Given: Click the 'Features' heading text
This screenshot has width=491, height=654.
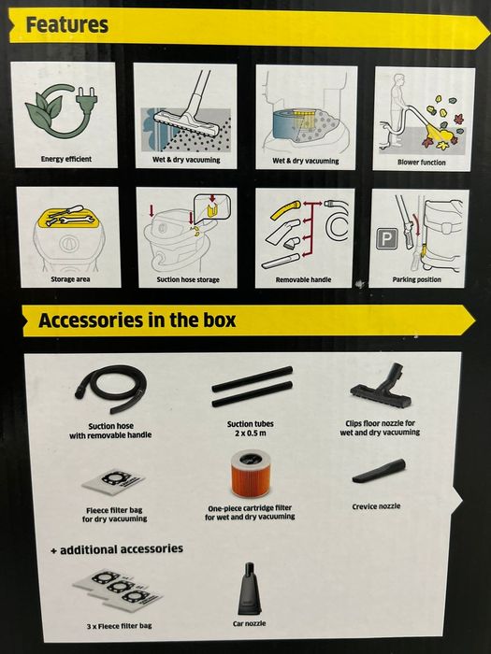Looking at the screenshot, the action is tap(66, 25).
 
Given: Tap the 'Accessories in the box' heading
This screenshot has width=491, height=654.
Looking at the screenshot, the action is tap(137, 320).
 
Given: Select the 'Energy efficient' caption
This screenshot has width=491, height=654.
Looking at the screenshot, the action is tap(66, 159).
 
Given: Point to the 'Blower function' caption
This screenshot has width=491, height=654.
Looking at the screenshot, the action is tap(421, 163).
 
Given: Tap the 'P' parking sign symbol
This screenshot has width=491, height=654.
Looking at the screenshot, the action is tap(386, 239).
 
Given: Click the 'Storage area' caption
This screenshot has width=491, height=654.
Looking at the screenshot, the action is tap(70, 279).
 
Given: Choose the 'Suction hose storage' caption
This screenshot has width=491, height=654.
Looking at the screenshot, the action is tap(188, 279).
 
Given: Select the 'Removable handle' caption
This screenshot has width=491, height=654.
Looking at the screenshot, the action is tap(304, 279).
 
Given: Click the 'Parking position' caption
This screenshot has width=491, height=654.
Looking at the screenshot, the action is tap(417, 279).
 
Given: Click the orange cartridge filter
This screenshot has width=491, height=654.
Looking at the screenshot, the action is tap(251, 473).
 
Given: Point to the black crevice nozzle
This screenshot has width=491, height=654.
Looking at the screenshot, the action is tap(379, 471).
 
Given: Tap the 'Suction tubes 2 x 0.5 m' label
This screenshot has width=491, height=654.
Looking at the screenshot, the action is tap(251, 428).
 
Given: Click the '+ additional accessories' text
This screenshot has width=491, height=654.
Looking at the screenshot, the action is tap(117, 549).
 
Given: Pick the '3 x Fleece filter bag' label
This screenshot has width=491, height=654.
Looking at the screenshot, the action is tap(120, 626).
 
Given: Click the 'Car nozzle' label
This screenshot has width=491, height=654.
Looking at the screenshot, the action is tap(250, 623).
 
